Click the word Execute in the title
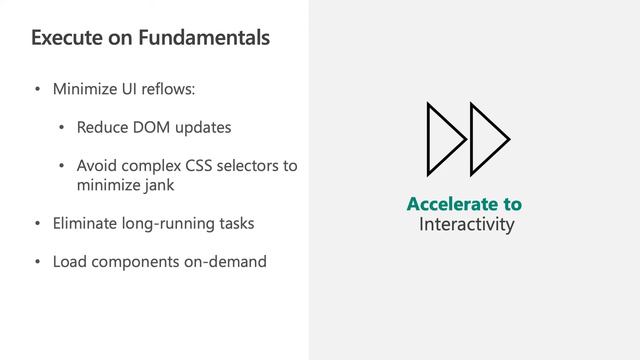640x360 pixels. tap(63, 39)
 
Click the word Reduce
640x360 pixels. tap(102, 128)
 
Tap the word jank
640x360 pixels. tap(160, 185)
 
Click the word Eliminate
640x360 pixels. tap(87, 223)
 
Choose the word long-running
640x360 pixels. tap(169, 223)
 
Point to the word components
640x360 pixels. tap(132, 262)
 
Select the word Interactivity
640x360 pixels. tap(466, 225)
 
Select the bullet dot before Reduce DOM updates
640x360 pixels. tap(62, 129)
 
